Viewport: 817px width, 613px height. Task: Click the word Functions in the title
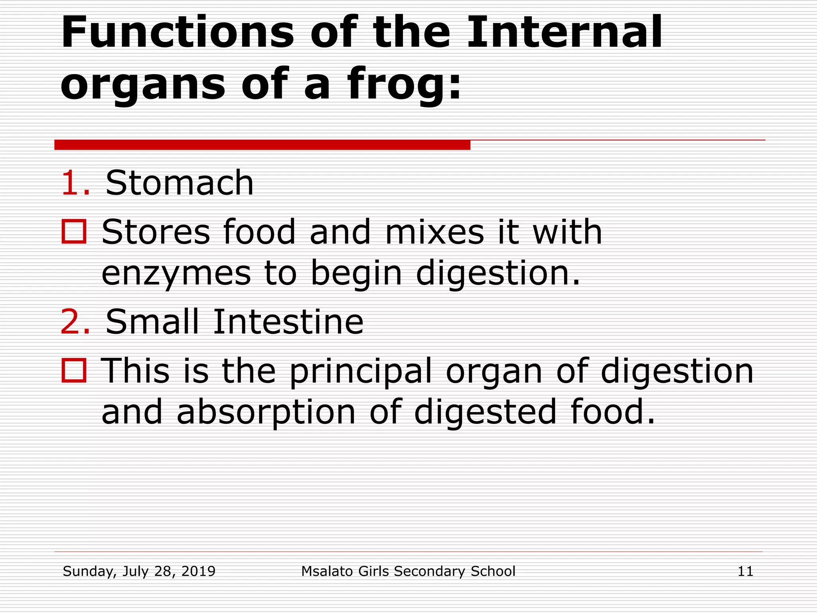click(177, 33)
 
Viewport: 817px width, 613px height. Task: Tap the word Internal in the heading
click(564, 33)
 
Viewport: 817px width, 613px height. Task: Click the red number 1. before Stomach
click(75, 183)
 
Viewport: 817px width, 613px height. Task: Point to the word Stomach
click(180, 183)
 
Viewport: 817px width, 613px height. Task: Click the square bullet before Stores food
click(74, 231)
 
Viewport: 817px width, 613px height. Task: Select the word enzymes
click(176, 274)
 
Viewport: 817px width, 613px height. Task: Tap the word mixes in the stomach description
click(434, 232)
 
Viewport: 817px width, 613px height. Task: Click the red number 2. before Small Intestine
click(75, 322)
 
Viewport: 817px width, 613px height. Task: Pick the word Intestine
click(288, 322)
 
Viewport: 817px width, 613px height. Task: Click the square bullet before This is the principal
click(74, 371)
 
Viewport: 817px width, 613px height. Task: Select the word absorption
click(266, 413)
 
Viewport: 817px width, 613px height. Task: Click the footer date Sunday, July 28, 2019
click(139, 571)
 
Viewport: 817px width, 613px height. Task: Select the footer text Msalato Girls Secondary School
click(408, 571)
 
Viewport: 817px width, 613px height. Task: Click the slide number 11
click(745, 571)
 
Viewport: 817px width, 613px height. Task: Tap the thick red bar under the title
click(262, 145)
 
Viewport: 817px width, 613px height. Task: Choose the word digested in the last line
click(485, 413)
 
